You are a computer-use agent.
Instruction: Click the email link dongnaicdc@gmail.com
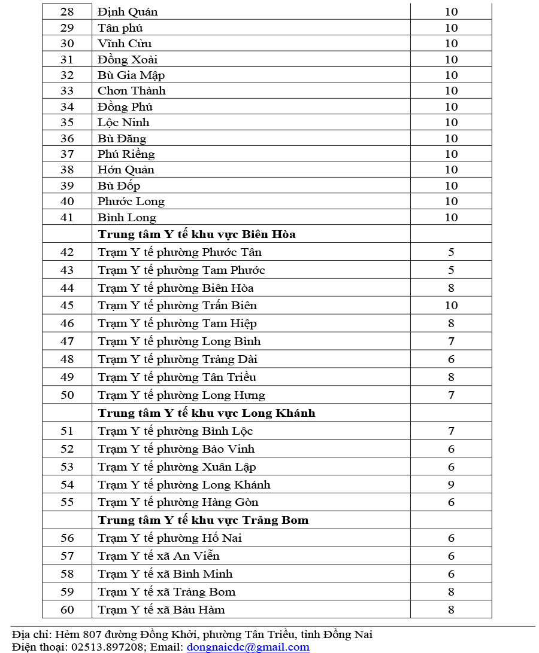pos(248,647)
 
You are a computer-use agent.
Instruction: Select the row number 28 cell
pos(67,12)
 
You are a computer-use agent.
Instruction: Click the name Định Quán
pos(128,12)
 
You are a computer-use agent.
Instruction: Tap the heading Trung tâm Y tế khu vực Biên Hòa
pos(196,234)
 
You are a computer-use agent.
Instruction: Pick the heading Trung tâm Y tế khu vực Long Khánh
pos(206,413)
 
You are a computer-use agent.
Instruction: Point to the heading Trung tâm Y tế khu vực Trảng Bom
pos(203,520)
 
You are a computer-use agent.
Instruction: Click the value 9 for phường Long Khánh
pos(451,485)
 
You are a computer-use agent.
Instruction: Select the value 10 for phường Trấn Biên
pos(451,306)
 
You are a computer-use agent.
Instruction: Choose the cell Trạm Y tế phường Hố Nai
pos(169,538)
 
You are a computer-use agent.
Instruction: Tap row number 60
pos(67,610)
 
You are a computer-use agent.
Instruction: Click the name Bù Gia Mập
pos(131,75)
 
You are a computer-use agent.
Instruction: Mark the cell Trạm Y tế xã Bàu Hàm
pos(161,610)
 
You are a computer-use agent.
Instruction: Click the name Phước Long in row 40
pos(131,202)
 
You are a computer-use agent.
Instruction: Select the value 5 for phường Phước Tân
pos(451,252)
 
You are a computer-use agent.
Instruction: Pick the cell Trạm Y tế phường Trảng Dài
pos(177,359)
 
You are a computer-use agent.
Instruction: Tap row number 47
pos(67,341)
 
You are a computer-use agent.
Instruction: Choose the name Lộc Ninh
pos(123,123)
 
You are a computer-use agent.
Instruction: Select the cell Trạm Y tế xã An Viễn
pos(159,556)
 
